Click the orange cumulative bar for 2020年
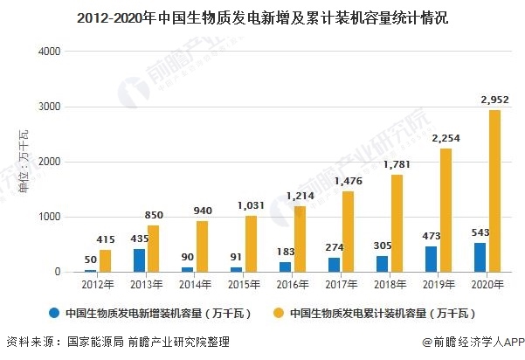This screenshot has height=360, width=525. tap(494, 190)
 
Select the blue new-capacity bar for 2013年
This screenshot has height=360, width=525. tap(139, 260)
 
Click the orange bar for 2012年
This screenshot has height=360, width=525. tap(106, 260)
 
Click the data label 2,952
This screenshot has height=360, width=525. tap(494, 100)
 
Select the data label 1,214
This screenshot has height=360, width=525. tap(298, 196)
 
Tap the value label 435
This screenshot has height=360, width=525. tap(136, 239)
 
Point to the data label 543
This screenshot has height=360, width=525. tap(479, 232)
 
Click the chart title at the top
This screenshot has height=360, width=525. tap(262, 17)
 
